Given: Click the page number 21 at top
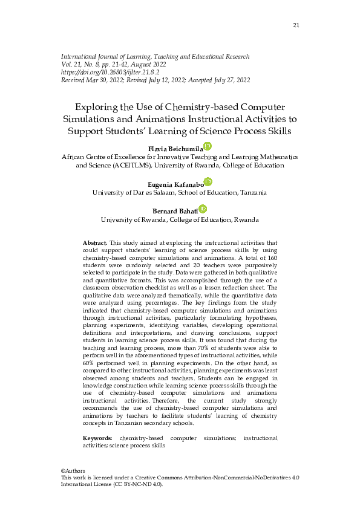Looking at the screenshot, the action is (x=296, y=25).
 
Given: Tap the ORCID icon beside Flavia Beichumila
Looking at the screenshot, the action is (x=207, y=146).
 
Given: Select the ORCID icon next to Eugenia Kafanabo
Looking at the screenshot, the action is (x=208, y=182).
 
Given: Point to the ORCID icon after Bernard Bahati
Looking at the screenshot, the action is (x=202, y=209).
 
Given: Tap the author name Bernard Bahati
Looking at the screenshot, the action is (x=177, y=211).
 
